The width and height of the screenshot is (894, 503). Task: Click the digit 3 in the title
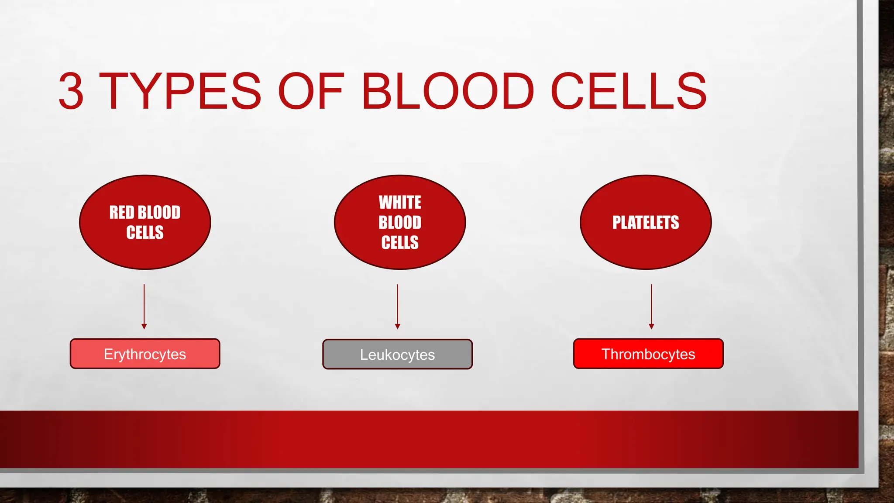tap(71, 91)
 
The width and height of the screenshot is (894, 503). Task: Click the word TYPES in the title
tap(180, 91)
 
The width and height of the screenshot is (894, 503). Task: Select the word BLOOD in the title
tap(447, 91)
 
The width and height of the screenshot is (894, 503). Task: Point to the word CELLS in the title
tap(629, 91)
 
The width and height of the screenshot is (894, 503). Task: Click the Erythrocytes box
tap(145, 354)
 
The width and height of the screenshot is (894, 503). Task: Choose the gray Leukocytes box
tap(397, 354)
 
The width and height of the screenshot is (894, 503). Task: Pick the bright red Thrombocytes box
tap(648, 354)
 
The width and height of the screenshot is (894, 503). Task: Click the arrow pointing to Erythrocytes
tap(144, 306)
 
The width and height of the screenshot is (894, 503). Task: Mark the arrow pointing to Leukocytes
tap(397, 306)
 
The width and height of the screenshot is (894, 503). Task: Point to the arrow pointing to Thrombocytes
tap(651, 306)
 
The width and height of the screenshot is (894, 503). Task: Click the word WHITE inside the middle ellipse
tap(400, 203)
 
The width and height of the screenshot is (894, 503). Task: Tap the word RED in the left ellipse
tap(122, 213)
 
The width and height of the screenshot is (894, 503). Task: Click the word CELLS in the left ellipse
tap(145, 232)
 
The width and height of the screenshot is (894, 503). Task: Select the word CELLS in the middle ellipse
tap(400, 242)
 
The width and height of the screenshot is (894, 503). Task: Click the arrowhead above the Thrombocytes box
tap(651, 326)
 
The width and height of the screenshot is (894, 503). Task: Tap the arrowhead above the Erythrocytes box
tap(144, 326)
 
